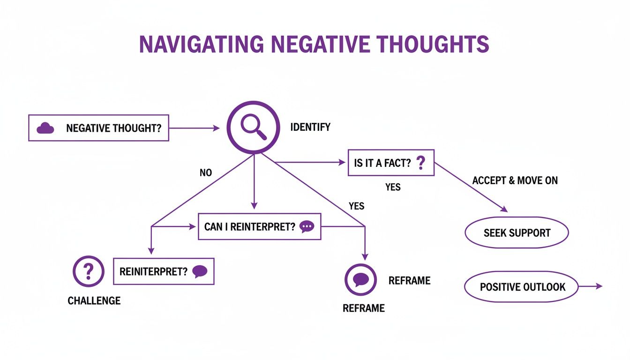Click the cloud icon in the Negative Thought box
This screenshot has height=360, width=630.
(x=45, y=128)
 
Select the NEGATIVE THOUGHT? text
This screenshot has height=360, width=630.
(x=117, y=128)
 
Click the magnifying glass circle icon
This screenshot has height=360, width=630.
(x=253, y=127)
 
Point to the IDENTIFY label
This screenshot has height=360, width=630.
(x=310, y=127)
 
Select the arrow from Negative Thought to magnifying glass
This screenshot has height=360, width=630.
(x=194, y=128)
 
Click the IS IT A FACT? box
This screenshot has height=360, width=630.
(x=390, y=163)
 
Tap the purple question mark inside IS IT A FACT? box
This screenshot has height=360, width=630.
(x=420, y=163)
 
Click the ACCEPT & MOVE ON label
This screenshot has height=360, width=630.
(x=515, y=180)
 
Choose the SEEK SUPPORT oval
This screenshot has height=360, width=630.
(x=517, y=232)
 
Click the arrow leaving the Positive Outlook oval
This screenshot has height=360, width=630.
(x=591, y=286)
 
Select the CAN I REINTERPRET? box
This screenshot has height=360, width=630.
(x=259, y=226)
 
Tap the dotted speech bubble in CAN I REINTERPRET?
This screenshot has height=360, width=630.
(x=307, y=226)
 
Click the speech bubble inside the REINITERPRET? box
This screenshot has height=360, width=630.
(x=200, y=271)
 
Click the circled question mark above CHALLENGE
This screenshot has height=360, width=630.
(x=89, y=271)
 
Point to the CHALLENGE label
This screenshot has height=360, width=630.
(x=94, y=300)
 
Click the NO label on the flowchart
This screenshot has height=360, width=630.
(x=206, y=173)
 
